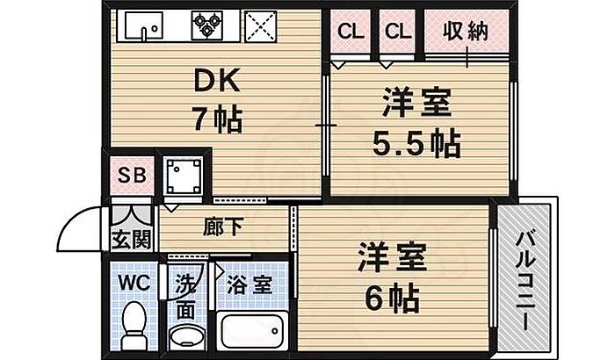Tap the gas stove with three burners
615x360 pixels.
point(208,25)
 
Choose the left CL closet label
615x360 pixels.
point(350,32)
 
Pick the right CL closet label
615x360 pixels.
point(396,32)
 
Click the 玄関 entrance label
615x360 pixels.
point(130,239)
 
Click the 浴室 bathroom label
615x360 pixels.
point(249,285)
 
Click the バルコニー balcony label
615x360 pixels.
point(525,279)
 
